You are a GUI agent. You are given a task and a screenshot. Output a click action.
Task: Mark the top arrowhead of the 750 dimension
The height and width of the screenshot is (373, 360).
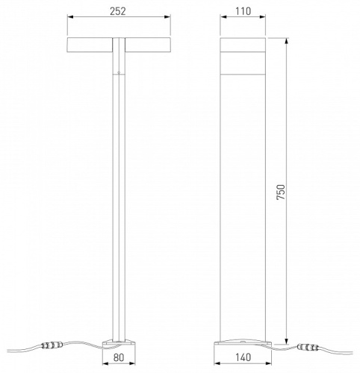click(x=285, y=39)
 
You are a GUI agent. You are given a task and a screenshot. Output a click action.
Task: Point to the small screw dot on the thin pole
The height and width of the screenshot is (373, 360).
click(x=117, y=72)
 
